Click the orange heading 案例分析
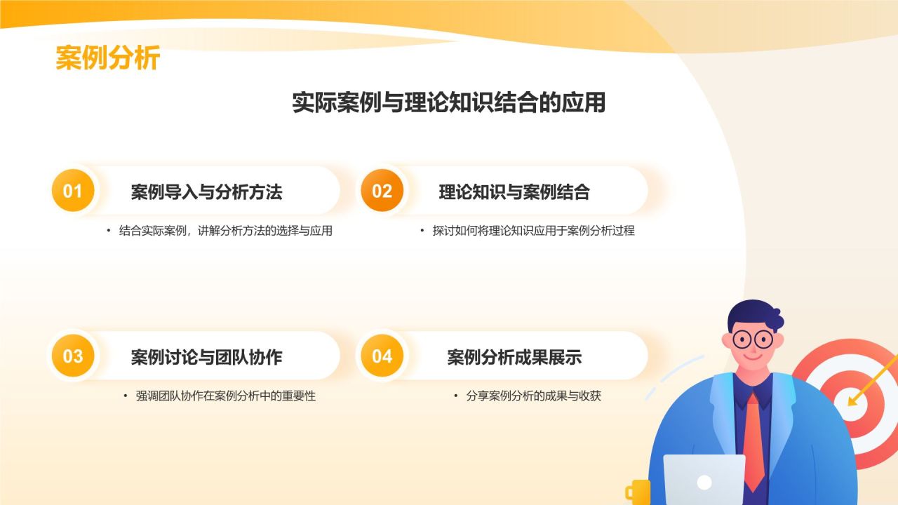pyautogui.click(x=108, y=58)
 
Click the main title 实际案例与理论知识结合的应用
pyautogui.click(x=449, y=102)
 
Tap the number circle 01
pyautogui.click(x=73, y=191)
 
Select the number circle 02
pyautogui.click(x=382, y=191)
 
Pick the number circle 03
pyautogui.click(x=73, y=356)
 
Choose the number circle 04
pyautogui.click(x=382, y=356)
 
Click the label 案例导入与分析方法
pyautogui.click(x=206, y=191)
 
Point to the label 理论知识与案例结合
pyautogui.click(x=514, y=191)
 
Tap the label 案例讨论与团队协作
pyautogui.click(x=206, y=357)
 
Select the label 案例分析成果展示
pyautogui.click(x=514, y=357)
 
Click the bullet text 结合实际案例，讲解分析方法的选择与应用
pyautogui.click(x=225, y=231)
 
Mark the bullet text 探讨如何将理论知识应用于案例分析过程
pyautogui.click(x=533, y=231)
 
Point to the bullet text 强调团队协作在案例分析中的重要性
pyautogui.click(x=225, y=396)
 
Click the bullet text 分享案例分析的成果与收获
pyautogui.click(x=533, y=396)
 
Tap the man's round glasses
pyautogui.click(x=752, y=340)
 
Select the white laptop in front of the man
pyautogui.click(x=704, y=480)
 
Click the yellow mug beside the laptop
pyautogui.click(x=638, y=491)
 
